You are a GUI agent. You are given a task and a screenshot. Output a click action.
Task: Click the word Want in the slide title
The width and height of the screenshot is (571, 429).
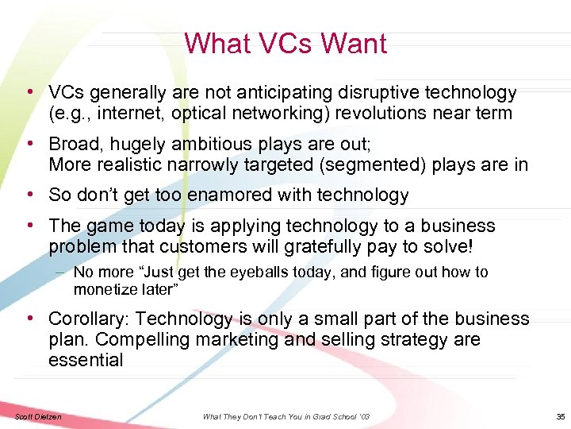[x=354, y=43]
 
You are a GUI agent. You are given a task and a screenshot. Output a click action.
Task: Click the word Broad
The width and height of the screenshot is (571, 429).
[x=74, y=145]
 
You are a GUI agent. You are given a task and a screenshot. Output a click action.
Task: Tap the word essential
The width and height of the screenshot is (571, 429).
[x=86, y=360]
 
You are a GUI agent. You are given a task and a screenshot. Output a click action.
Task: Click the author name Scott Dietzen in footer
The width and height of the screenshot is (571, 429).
[x=36, y=416]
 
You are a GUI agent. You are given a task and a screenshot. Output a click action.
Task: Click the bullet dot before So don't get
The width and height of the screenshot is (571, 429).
[x=29, y=195]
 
